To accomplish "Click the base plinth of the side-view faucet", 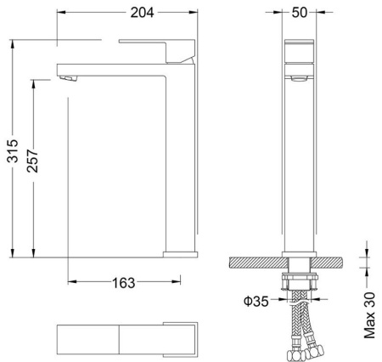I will point(179,252).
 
